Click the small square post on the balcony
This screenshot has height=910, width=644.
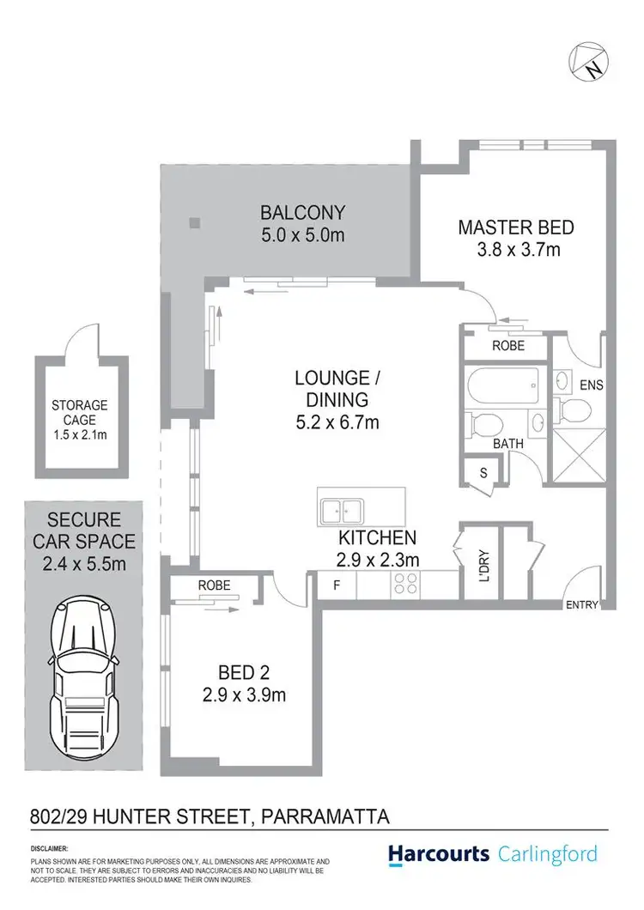coord(195,224)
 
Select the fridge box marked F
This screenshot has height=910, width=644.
coord(336,585)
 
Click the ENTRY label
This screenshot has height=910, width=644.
coord(581,605)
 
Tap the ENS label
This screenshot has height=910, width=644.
coord(592,385)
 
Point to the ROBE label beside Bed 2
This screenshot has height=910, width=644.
coord(214,585)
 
